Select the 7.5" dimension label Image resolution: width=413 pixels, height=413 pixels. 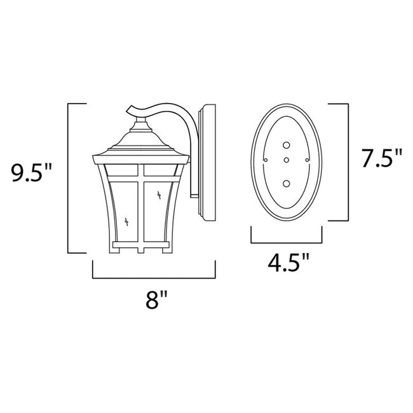pos(382,159)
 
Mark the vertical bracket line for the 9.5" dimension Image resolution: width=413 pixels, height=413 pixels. pos(68,177)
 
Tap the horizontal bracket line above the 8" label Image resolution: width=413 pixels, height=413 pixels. pos(154,278)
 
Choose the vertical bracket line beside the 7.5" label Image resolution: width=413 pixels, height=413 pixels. pos(349,159)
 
